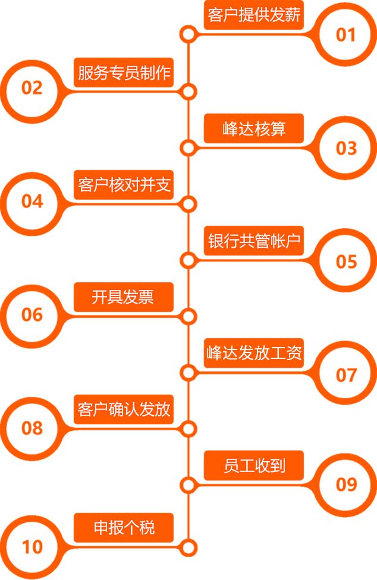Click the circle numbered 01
click(345, 34)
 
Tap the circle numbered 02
click(32, 89)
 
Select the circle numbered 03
click(345, 147)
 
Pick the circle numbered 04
click(32, 201)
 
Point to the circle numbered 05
click(345, 261)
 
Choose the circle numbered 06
click(32, 314)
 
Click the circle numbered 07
click(345, 374)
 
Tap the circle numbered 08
click(32, 428)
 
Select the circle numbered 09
click(345, 485)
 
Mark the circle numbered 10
click(32, 547)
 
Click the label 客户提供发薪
click(254, 15)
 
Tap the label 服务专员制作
click(124, 72)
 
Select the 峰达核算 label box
click(254, 128)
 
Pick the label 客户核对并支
click(124, 185)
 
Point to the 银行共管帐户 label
click(254, 241)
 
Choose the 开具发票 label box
click(124, 297)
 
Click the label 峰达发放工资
click(254, 353)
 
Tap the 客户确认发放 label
click(124, 409)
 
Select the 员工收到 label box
click(254, 465)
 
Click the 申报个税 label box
click(124, 527)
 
